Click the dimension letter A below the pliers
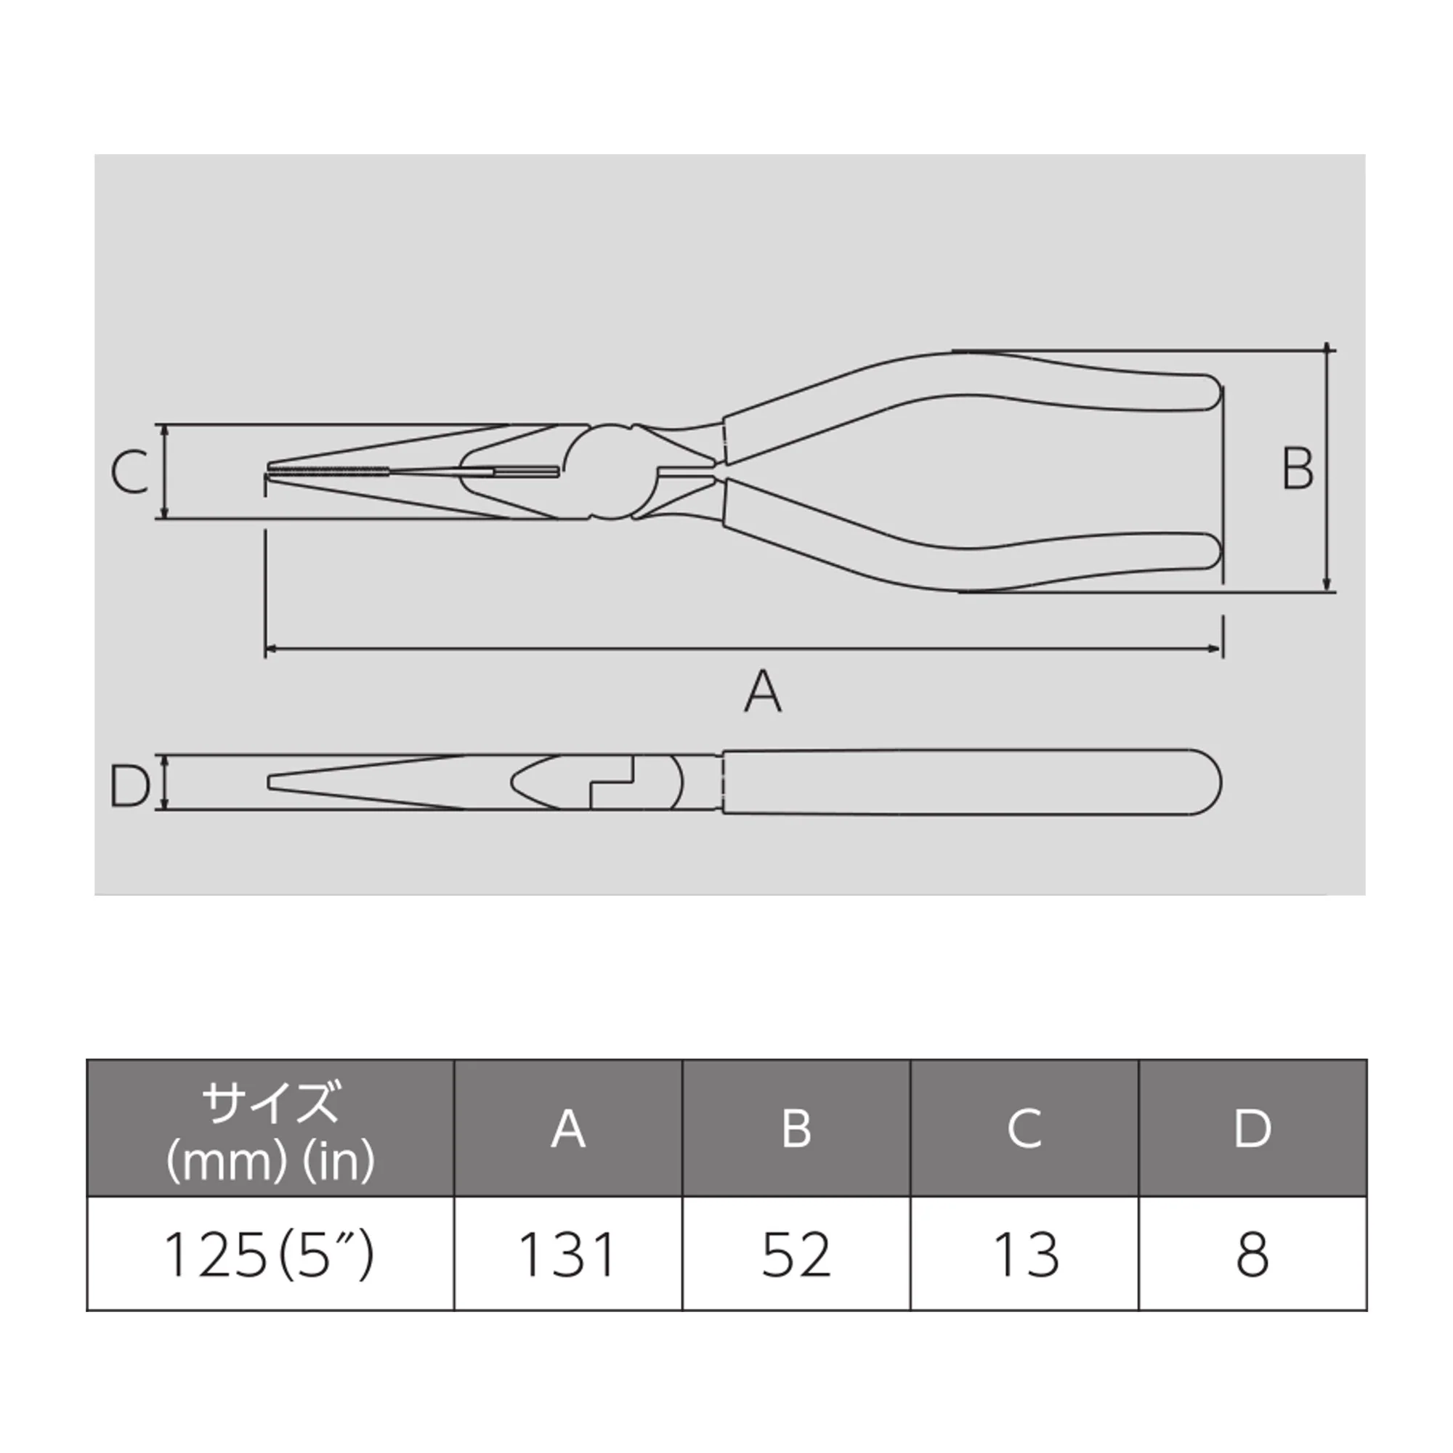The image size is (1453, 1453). click(x=763, y=691)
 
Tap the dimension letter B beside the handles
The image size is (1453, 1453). click(x=1298, y=469)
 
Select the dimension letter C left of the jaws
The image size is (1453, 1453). click(x=129, y=471)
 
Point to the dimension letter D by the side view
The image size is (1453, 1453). click(x=129, y=785)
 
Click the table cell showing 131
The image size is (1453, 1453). click(x=568, y=1255)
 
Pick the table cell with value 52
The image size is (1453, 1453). click(x=796, y=1255)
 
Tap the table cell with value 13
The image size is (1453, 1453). click(x=1025, y=1255)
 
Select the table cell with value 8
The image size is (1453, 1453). click(x=1253, y=1255)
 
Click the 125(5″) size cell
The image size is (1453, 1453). click(x=270, y=1255)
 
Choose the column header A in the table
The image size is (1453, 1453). click(x=568, y=1129)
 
